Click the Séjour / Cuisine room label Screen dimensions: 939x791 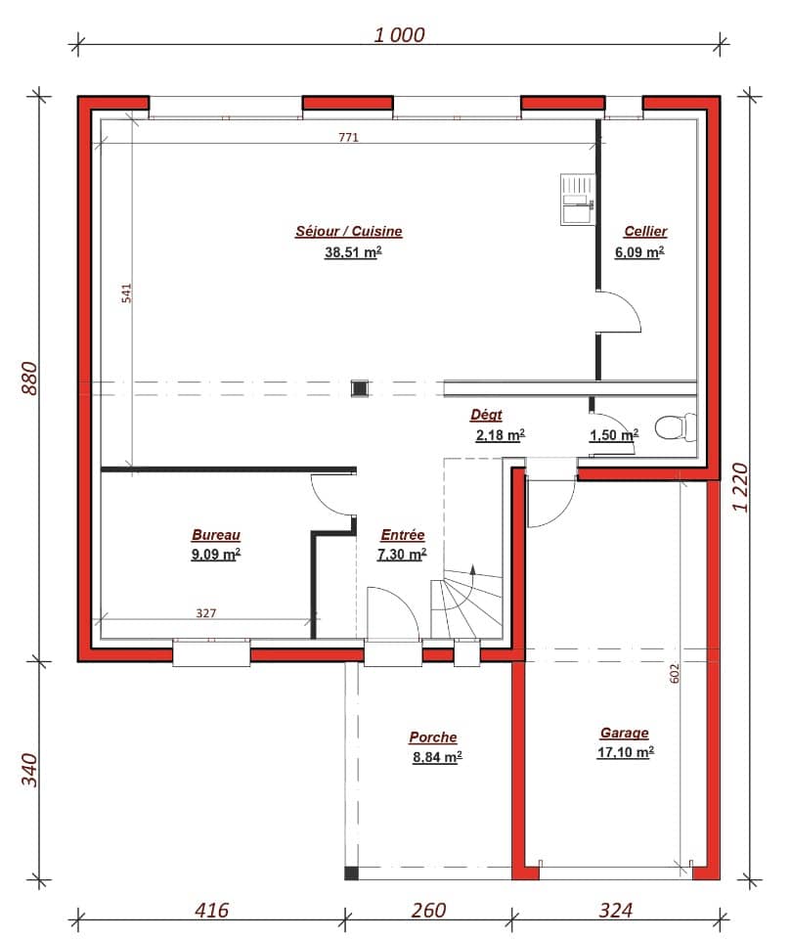348,232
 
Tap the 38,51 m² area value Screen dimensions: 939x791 352,252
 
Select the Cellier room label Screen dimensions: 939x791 645,231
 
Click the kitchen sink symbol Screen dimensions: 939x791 575,200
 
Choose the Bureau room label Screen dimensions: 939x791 215,535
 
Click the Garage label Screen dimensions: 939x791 624,733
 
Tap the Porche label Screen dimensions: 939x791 432,738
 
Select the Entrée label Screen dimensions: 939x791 402,535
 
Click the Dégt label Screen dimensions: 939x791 486,415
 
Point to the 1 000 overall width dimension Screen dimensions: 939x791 400,35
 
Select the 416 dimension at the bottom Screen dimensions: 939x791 210,911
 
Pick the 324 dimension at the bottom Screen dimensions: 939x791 614,911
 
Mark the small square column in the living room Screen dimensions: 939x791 360,388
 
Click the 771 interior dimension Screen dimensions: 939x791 348,138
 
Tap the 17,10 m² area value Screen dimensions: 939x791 625,752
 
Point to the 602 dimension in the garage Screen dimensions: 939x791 675,674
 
